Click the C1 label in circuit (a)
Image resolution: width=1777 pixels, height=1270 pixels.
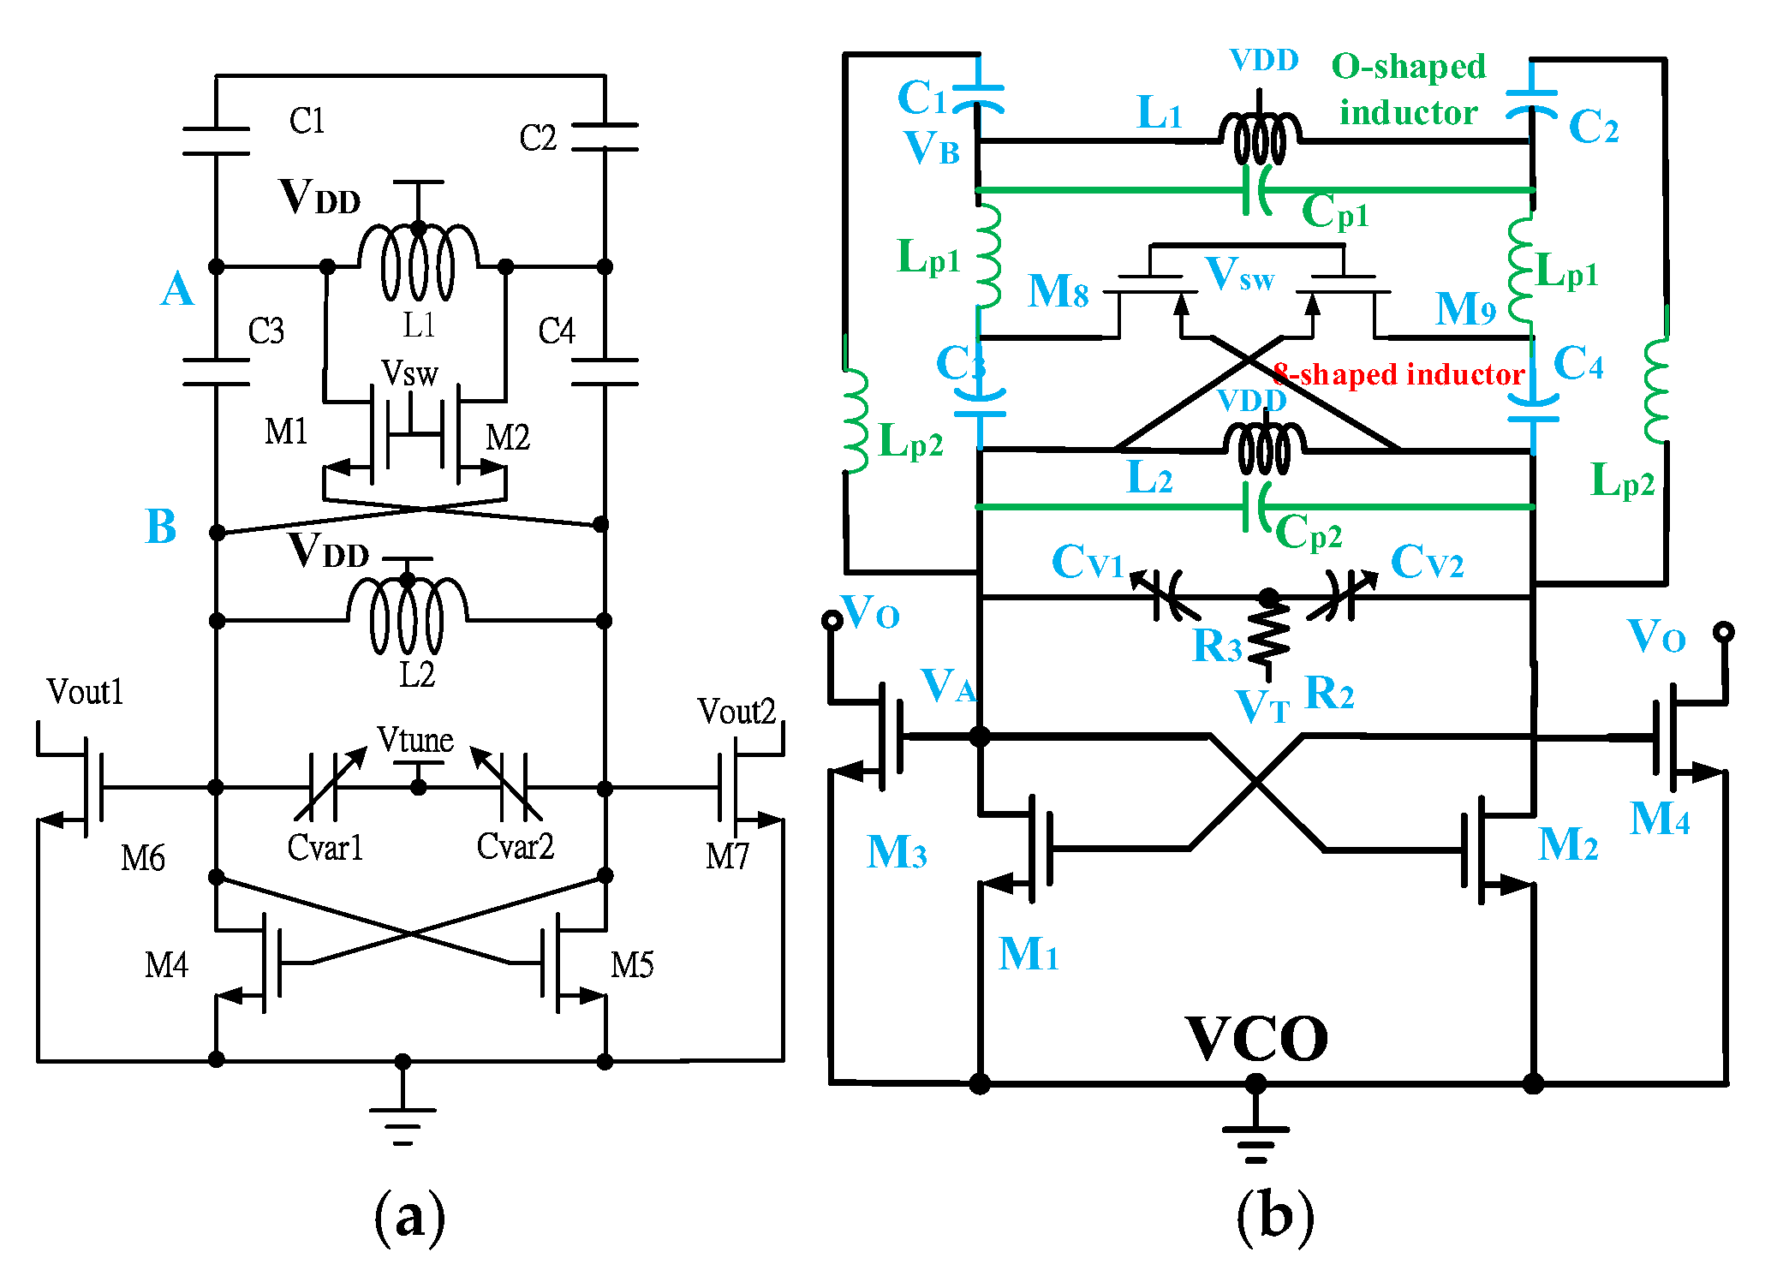[307, 121]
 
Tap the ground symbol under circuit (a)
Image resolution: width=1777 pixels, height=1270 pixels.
[403, 1123]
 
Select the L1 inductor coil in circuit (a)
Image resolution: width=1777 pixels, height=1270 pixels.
[418, 262]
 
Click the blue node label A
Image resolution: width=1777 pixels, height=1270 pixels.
[177, 289]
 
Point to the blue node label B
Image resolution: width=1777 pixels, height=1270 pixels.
[161, 526]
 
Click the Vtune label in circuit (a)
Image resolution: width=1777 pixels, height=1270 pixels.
[415, 739]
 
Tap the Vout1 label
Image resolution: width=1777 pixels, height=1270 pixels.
[85, 691]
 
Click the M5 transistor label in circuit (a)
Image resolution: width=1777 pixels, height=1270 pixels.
[632, 965]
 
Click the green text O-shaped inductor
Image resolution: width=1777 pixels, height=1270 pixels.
[1409, 89]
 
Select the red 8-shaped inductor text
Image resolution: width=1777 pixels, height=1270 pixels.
[1398, 374]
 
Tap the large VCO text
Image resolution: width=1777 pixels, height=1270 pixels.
[1256, 1039]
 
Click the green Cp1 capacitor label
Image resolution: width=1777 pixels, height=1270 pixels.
[1334, 211]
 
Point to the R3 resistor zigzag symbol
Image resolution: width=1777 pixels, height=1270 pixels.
[1268, 634]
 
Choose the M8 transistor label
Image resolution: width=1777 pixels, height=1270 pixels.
[1058, 291]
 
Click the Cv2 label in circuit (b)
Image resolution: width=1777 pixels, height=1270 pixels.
[1427, 562]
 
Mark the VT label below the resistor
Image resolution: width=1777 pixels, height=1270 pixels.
[1261, 707]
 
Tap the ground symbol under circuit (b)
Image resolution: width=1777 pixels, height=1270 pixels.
[1255, 1139]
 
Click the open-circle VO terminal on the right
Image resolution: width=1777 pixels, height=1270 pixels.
[1724, 632]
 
